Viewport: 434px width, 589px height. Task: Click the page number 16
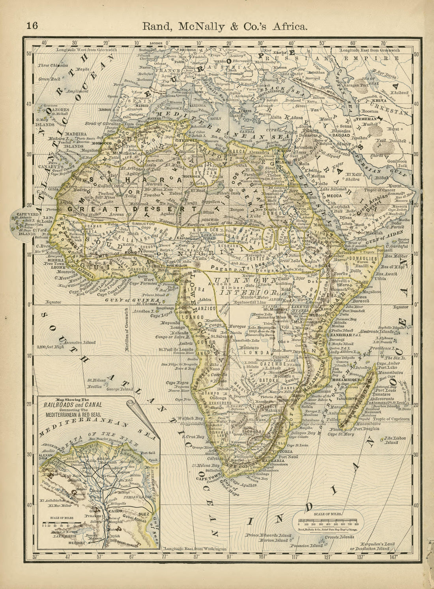tap(32, 26)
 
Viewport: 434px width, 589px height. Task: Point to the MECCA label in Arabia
tap(333, 195)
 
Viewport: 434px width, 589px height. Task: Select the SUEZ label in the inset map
tap(144, 514)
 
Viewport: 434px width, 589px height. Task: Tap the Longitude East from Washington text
tap(196, 549)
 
